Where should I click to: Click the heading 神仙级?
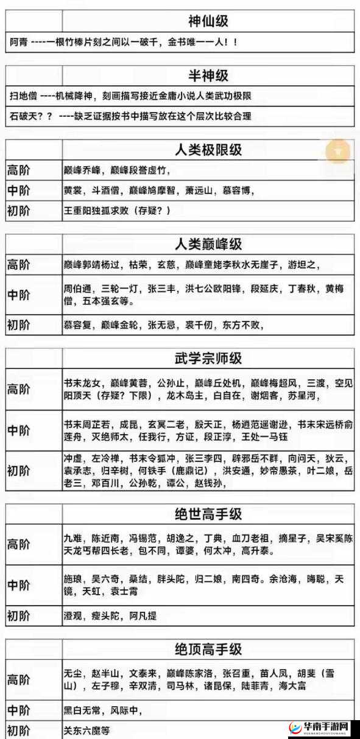pos(208,23)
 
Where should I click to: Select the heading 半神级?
pos(208,75)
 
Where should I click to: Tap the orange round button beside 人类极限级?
pos(338,150)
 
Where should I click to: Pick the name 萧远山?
pos(199,191)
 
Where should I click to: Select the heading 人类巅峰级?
pos(208,244)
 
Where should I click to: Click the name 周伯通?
pos(77,290)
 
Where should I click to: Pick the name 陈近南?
pos(105,539)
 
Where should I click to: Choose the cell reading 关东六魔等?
pos(86,730)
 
